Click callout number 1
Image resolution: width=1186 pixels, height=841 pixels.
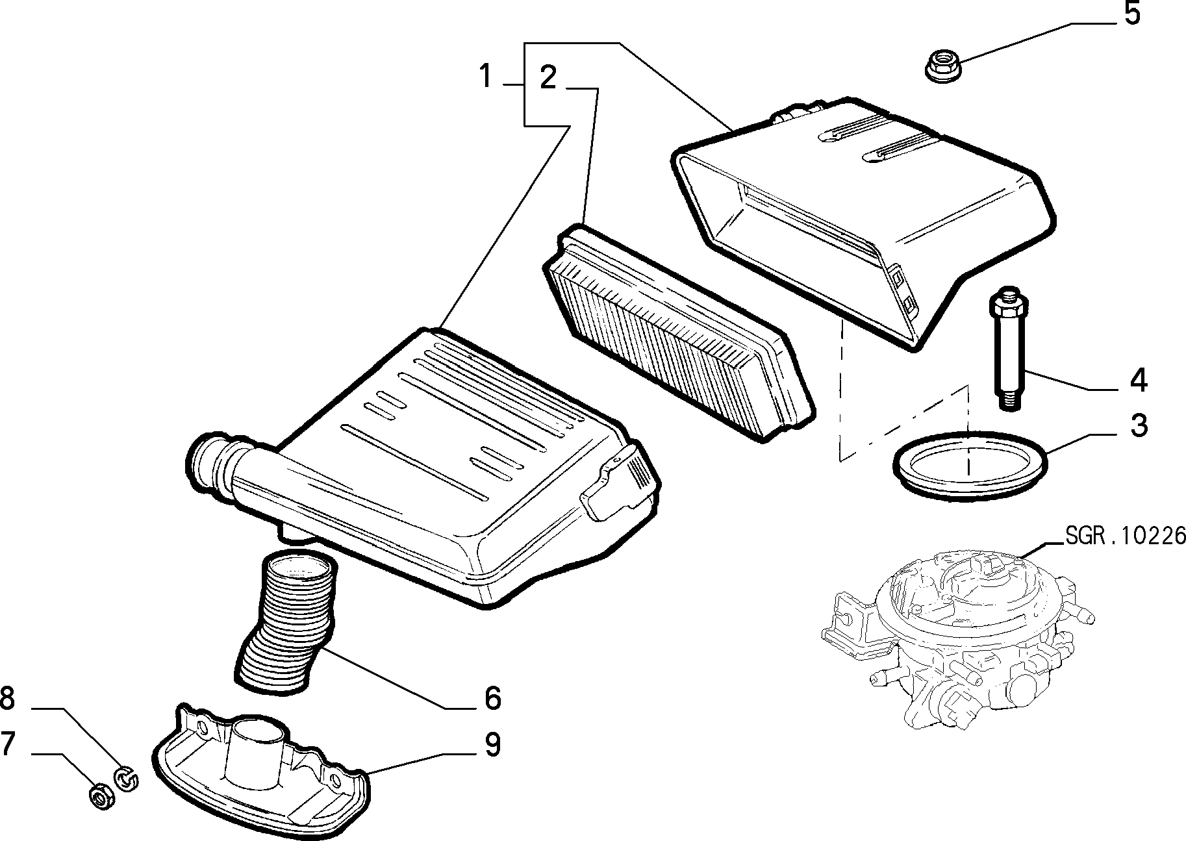485,77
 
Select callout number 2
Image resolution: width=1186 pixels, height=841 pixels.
548,77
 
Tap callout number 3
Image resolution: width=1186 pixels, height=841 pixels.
1138,425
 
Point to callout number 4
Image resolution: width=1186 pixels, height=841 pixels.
1138,381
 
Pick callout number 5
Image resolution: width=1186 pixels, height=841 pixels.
1131,14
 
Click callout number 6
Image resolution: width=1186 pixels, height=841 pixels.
492,697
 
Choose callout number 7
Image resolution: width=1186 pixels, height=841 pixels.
7,744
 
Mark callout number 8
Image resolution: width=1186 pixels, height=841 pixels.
7,699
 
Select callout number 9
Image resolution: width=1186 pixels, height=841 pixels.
492,744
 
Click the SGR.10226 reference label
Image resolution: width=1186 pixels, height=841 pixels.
1125,535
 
